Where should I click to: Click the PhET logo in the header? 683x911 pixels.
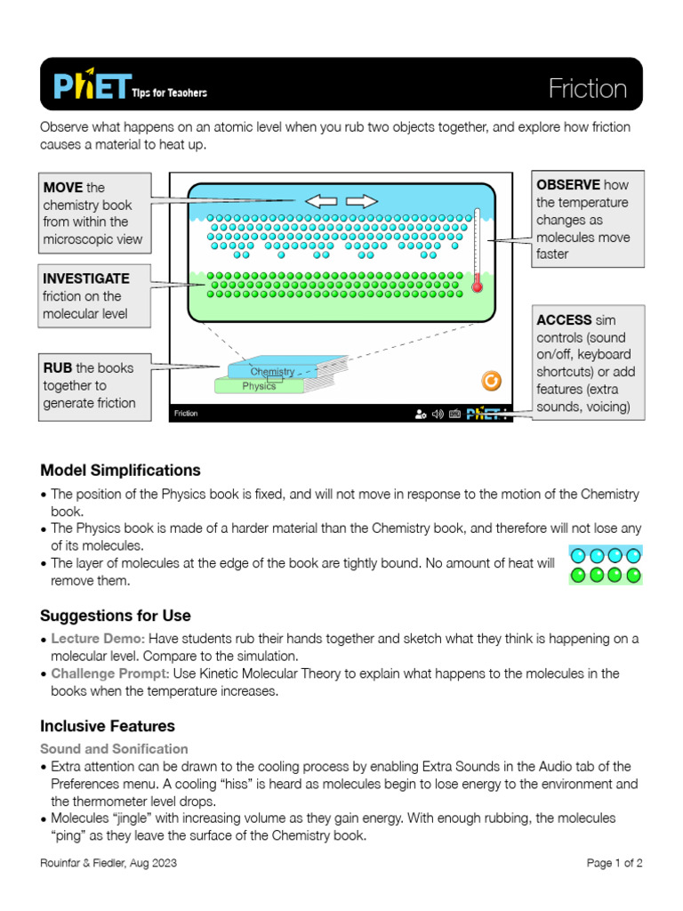(x=92, y=86)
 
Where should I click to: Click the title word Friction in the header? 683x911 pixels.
(x=587, y=89)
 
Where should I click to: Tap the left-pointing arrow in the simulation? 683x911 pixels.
(x=321, y=201)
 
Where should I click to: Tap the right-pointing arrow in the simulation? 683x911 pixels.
(x=361, y=201)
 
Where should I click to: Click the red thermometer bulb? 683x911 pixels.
(x=477, y=286)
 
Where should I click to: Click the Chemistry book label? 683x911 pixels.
(x=272, y=371)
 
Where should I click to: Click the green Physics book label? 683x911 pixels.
(x=259, y=386)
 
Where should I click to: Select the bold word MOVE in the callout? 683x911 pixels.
(x=62, y=188)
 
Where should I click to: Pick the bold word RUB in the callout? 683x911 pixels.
(x=57, y=368)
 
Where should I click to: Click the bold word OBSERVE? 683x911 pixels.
(x=568, y=185)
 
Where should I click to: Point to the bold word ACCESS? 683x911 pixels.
(x=564, y=320)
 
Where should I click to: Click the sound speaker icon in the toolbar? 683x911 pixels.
(x=437, y=414)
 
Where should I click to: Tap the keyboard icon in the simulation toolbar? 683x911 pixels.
(x=454, y=414)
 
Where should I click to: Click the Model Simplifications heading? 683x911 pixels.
(x=120, y=471)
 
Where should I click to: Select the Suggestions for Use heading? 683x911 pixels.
(x=116, y=616)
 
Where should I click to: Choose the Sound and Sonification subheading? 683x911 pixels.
(x=114, y=749)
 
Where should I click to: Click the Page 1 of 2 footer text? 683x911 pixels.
(x=615, y=863)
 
